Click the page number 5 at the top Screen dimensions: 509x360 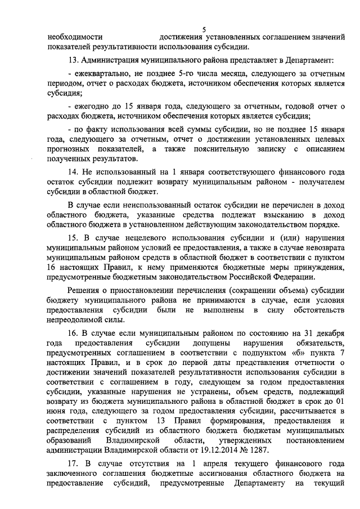point(204,30)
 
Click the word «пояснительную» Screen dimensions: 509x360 point(221,148)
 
